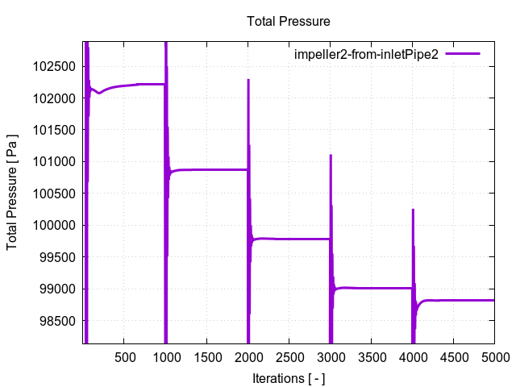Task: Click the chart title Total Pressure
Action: (x=288, y=21)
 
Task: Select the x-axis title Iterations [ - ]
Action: (x=288, y=377)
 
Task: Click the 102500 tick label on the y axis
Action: (x=56, y=66)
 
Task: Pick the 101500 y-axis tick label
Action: (x=56, y=130)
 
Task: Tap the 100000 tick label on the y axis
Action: (x=56, y=225)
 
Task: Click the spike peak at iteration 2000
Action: (x=248, y=80)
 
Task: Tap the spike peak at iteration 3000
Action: (x=331, y=156)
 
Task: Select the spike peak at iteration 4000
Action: (x=413, y=210)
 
